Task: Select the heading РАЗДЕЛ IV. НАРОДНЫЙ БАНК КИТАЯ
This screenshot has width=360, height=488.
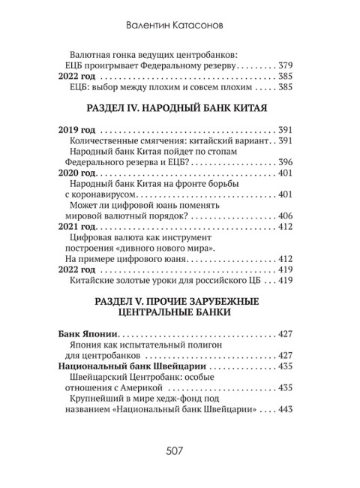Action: pyautogui.click(x=179, y=107)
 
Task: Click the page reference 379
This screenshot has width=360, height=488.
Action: pyautogui.click(x=289, y=65)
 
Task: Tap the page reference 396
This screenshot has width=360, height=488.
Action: pyautogui.click(x=289, y=161)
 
